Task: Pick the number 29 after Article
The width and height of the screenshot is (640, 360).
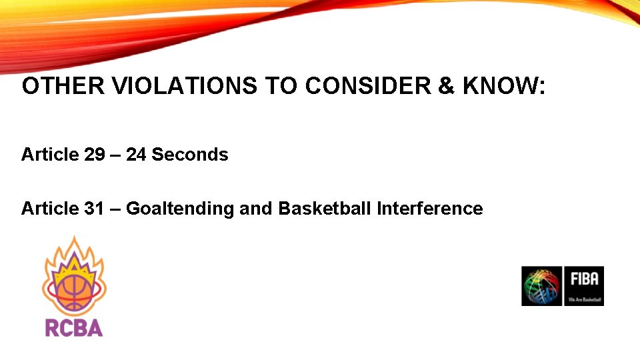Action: tap(95, 155)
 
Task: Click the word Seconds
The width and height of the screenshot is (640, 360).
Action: tap(190, 155)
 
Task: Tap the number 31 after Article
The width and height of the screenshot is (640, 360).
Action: tap(95, 209)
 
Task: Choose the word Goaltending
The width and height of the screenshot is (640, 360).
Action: tap(180, 209)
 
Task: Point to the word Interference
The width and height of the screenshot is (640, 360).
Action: tap(429, 209)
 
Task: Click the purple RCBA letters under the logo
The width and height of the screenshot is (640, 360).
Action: tap(74, 328)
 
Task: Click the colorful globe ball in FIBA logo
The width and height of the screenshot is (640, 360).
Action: tap(541, 286)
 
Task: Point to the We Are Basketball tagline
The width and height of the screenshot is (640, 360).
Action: tap(584, 300)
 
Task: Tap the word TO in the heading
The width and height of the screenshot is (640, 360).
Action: tap(279, 86)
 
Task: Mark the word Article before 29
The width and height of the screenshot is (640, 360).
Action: tap(50, 155)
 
